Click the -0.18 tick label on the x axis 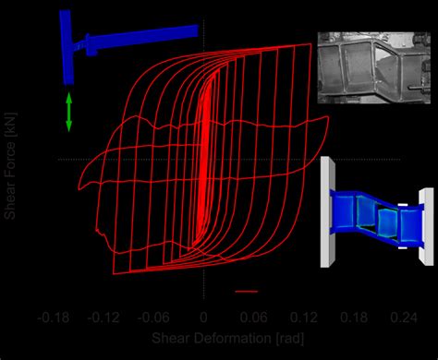coord(55,317)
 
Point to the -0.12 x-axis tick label coord(104,317)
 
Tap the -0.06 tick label coord(153,317)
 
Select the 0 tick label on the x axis coord(202,317)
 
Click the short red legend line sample coord(246,291)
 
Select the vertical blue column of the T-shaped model coord(67,46)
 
